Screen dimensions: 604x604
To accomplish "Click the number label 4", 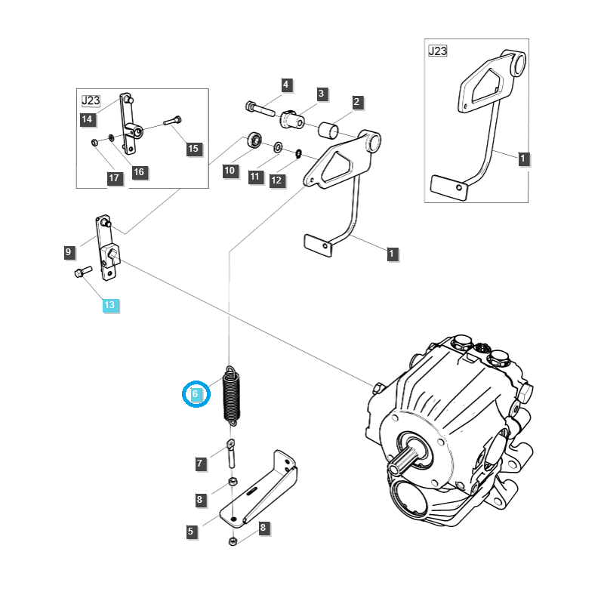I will click(286, 85).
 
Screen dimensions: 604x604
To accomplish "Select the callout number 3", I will click(322, 94).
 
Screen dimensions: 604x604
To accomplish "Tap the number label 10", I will click(230, 171).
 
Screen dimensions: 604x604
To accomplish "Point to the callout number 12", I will click(276, 180).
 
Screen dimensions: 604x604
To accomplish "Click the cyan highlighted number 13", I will click(110, 305).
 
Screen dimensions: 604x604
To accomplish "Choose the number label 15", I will click(193, 149).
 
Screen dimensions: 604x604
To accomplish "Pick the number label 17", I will click(114, 179).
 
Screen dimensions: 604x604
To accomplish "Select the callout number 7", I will click(200, 464).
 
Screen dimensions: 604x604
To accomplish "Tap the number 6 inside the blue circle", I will click(196, 393).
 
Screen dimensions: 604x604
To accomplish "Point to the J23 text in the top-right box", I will click(437, 51).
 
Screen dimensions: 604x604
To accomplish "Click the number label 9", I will click(69, 252).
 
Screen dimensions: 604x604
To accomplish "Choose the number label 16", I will click(138, 172).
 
